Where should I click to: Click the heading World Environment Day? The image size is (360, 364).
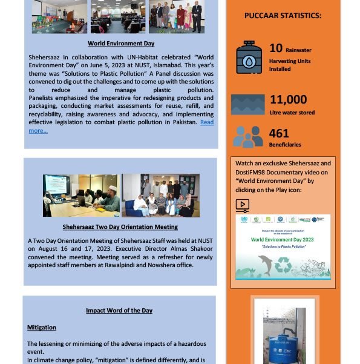tap(121, 44)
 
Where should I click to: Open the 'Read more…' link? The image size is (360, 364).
tap(38, 130)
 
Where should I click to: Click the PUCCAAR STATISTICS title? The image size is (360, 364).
tap(283, 16)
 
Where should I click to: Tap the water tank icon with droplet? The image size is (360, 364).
tap(249, 57)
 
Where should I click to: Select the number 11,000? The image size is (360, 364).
tap(288, 99)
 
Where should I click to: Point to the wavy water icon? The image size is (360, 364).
tap(248, 104)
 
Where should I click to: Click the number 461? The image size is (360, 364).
tap(279, 133)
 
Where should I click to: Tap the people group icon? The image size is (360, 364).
tap(248, 137)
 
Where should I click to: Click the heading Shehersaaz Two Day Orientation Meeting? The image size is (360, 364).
tap(120, 227)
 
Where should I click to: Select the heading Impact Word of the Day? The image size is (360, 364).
tap(119, 311)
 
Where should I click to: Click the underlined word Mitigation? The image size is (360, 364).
tap(42, 328)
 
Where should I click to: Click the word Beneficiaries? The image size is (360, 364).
tap(285, 145)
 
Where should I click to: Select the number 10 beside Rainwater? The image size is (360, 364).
tap(276, 48)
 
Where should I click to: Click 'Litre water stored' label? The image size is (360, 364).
tap(292, 112)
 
